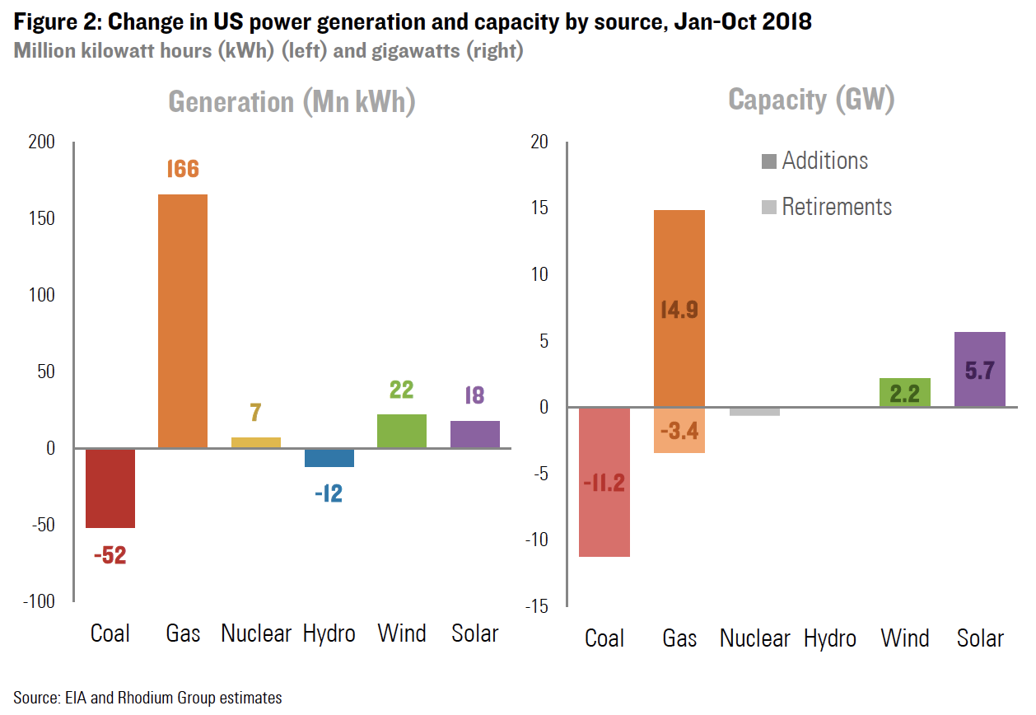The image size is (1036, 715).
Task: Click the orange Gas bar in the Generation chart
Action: [183, 321]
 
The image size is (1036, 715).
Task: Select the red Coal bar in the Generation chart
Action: [110, 488]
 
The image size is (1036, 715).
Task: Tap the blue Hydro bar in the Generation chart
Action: [329, 458]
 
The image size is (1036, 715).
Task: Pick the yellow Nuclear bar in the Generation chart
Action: [255, 442]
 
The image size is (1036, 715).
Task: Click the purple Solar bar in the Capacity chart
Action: [979, 369]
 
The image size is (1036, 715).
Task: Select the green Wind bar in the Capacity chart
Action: [905, 392]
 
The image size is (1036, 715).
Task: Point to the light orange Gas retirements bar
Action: [679, 430]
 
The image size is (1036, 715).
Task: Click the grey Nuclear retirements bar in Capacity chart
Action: [754, 411]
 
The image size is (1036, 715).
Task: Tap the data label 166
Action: [183, 169]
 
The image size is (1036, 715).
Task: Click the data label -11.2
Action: [604, 484]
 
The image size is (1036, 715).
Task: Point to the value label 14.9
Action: [679, 310]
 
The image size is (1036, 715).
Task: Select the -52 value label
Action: [110, 556]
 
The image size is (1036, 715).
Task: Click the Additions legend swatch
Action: [769, 161]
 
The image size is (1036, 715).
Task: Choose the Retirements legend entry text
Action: [837, 207]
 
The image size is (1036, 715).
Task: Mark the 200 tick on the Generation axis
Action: [41, 143]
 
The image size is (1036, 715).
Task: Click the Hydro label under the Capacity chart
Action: [829, 638]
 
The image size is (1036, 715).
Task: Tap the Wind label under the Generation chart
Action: [402, 633]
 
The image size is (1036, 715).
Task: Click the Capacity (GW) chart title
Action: [811, 100]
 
